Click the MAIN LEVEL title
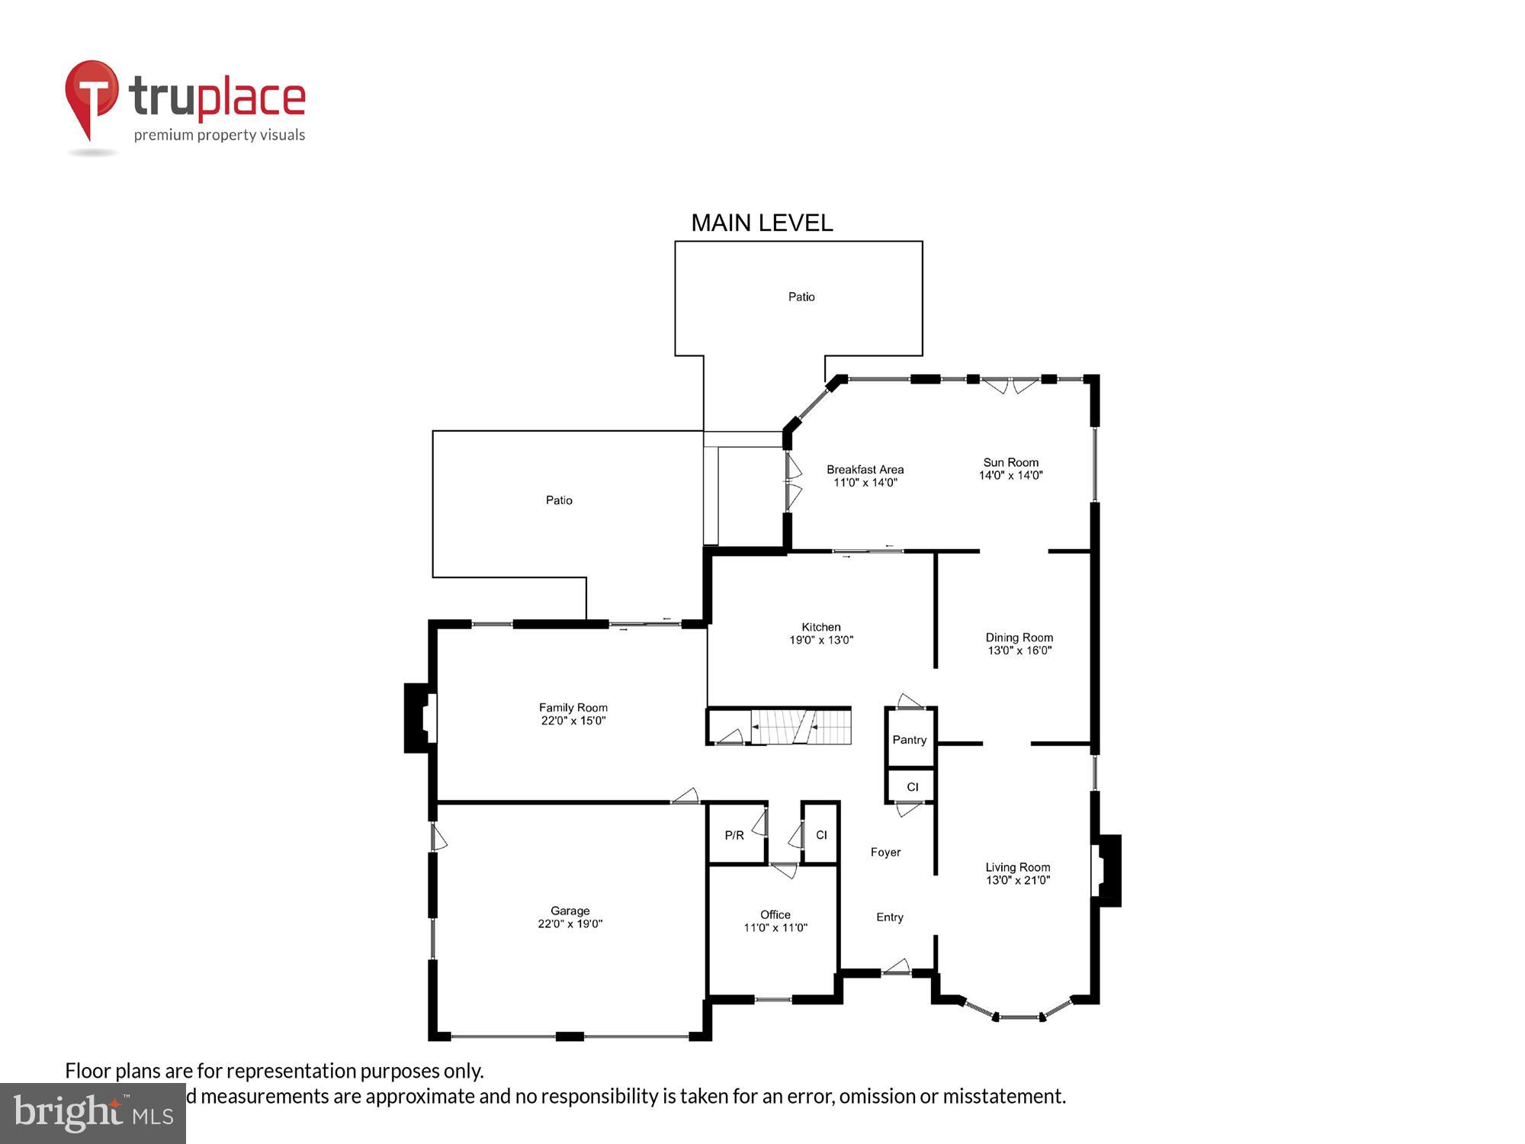click(x=762, y=223)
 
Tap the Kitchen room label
click(x=820, y=627)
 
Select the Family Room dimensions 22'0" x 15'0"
click(x=573, y=721)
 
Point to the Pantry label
click(x=910, y=740)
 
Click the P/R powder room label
click(x=734, y=835)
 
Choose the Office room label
click(x=775, y=914)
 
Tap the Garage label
click(x=570, y=911)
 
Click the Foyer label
click(x=885, y=852)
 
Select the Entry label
click(x=890, y=917)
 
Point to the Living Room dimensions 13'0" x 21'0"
click(x=1018, y=880)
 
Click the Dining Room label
click(x=1019, y=638)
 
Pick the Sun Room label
click(x=1011, y=462)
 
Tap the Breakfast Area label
click(x=865, y=470)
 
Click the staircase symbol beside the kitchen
click(x=801, y=726)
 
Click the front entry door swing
click(x=897, y=967)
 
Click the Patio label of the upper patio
click(x=801, y=297)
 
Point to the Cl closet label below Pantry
click(x=913, y=787)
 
